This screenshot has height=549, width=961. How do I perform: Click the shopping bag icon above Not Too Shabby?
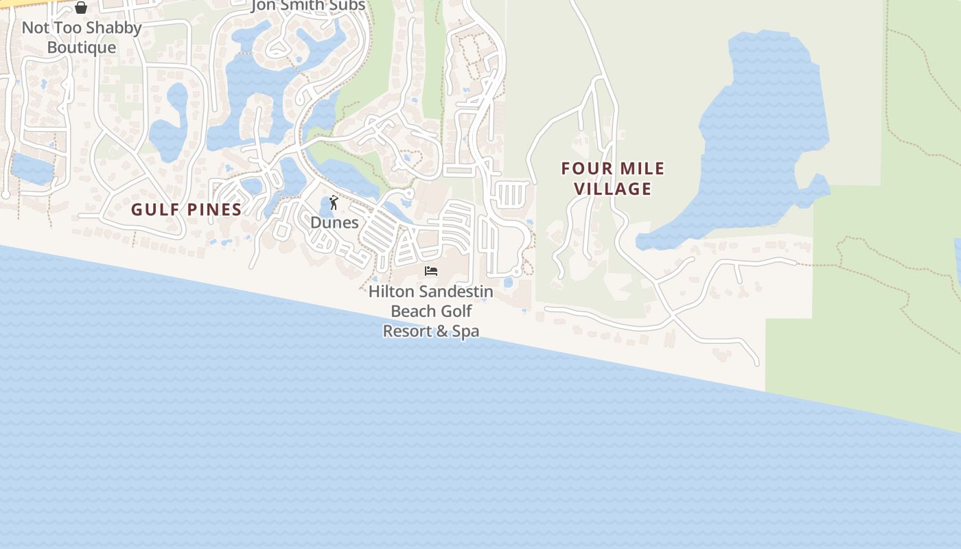tap(81, 8)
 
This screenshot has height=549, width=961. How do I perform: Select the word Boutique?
tap(82, 47)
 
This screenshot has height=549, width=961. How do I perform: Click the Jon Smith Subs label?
tap(308, 6)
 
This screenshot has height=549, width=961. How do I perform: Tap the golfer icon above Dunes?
tap(334, 202)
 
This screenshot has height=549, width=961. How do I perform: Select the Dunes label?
tap(334, 222)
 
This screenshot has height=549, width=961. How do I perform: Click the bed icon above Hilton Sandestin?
tap(431, 271)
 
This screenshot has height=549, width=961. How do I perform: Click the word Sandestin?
tap(454, 292)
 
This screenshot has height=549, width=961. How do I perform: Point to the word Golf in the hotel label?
tap(456, 311)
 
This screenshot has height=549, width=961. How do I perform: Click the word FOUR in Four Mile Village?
tap(585, 169)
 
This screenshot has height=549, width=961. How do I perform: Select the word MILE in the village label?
tap(641, 169)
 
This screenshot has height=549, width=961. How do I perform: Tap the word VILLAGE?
tap(612, 189)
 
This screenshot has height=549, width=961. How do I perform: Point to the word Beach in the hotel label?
tap(412, 311)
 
